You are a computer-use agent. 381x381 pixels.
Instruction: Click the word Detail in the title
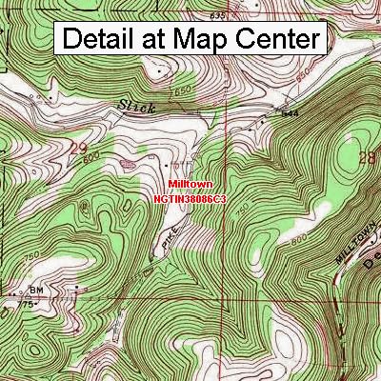click(101, 39)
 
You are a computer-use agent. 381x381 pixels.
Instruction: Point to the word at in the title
click(160, 40)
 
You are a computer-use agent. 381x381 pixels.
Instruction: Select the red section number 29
click(79, 150)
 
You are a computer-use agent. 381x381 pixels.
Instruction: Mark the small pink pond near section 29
click(125, 163)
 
